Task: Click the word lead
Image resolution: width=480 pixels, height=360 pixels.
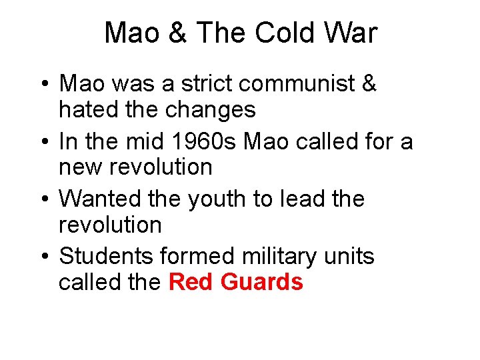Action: click(x=294, y=199)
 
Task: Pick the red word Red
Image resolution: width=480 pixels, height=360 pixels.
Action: click(x=189, y=282)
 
